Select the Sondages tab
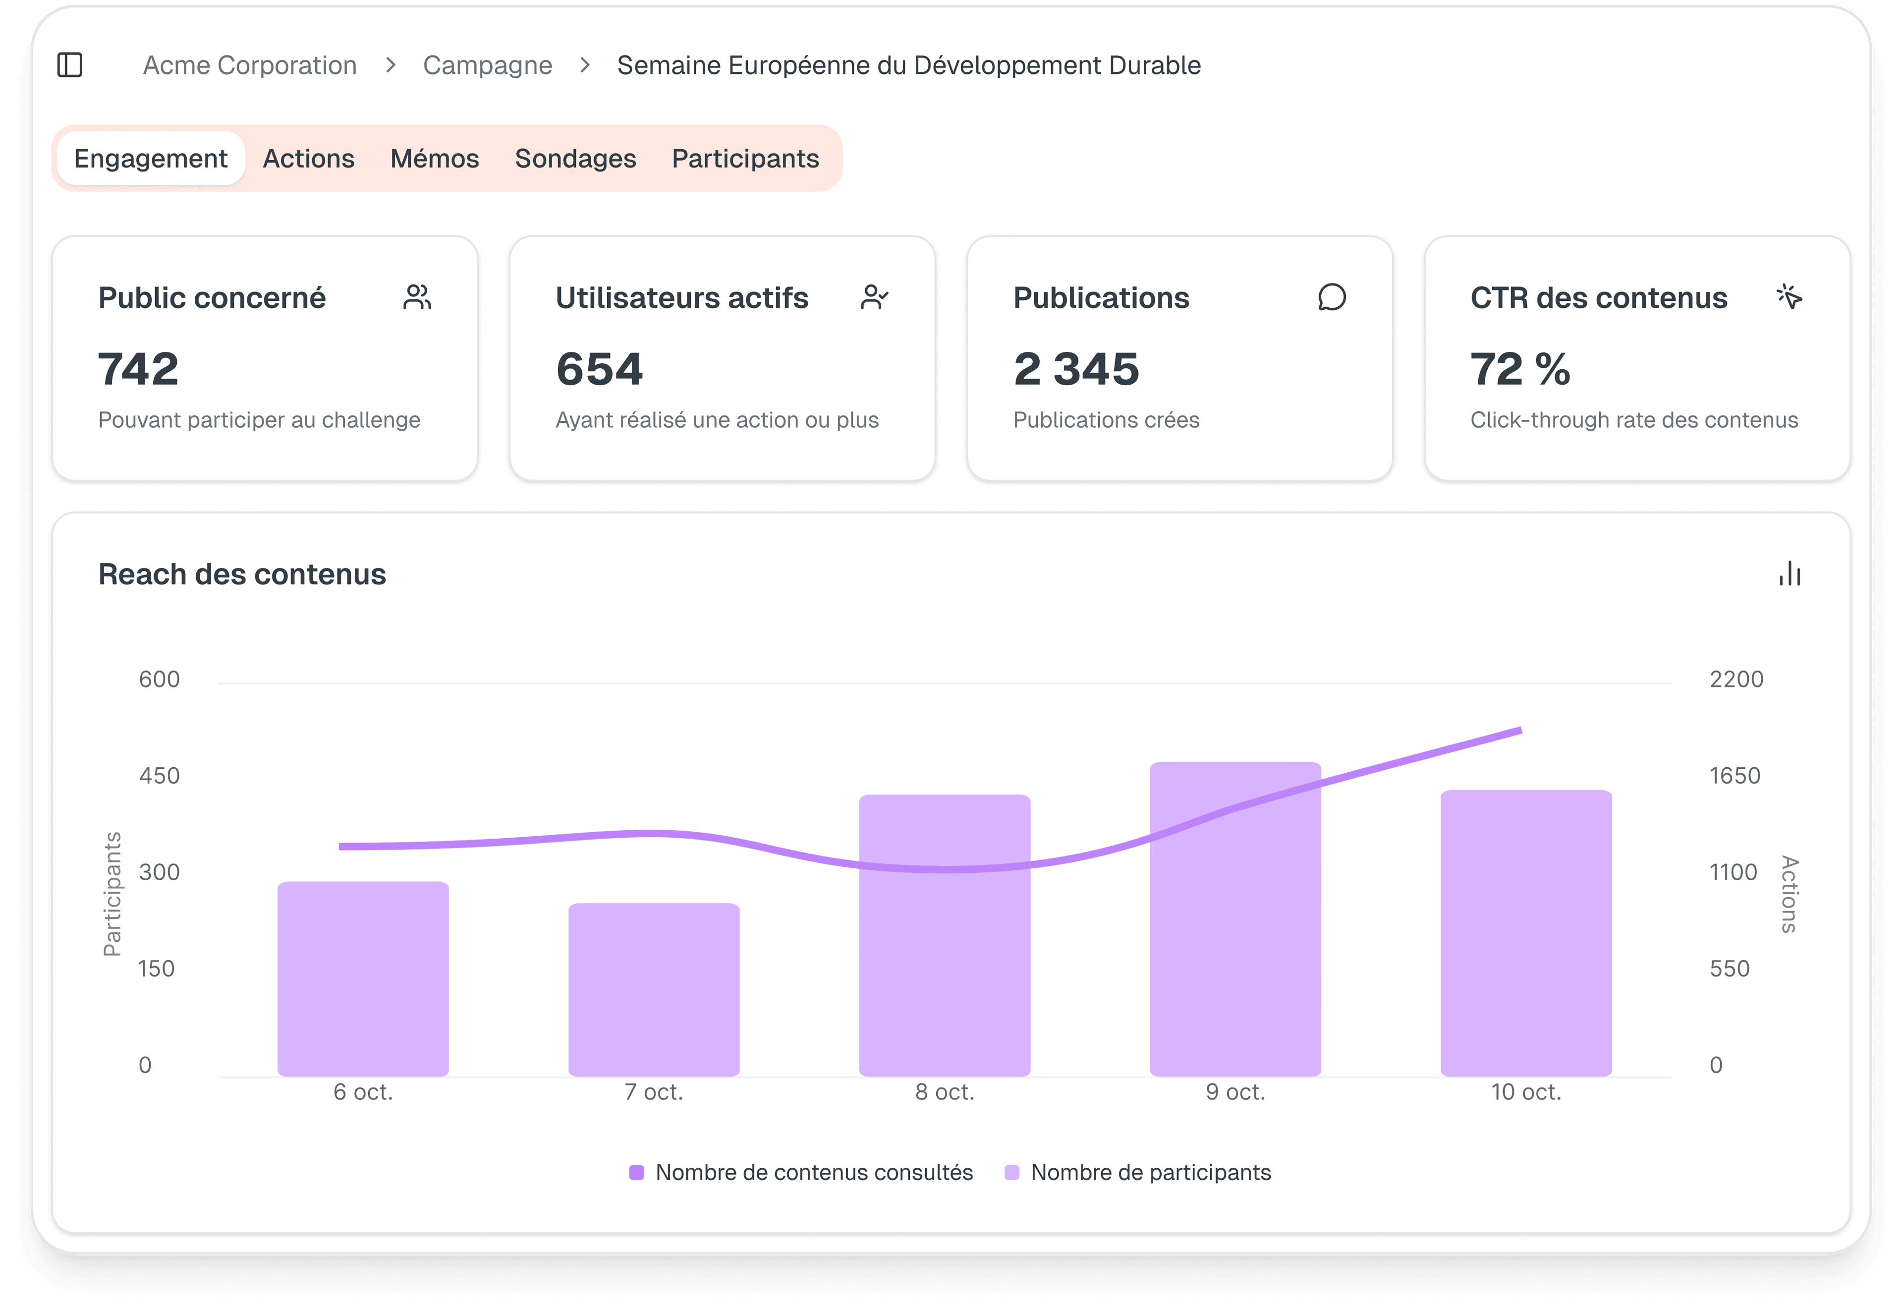coord(575,159)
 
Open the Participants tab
coord(745,159)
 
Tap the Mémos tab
coord(435,159)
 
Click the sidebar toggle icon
coord(70,65)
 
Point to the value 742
coord(138,369)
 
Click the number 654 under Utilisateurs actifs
coord(599,369)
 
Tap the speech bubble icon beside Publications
coord(1332,297)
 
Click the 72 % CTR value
coord(1519,369)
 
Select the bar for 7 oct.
coord(654,990)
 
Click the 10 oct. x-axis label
coord(1526,1092)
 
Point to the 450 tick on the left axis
coord(160,775)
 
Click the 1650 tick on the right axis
coord(1735,775)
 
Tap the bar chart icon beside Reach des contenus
coord(1790,573)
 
